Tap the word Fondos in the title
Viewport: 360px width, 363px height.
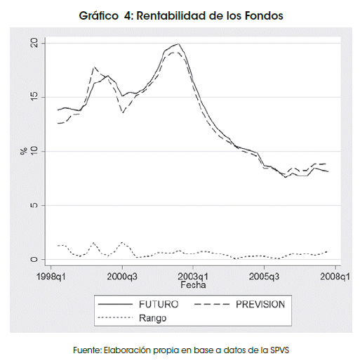coord(264,15)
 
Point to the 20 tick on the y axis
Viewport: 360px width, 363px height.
coord(34,43)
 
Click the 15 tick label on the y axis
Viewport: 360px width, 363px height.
coord(34,97)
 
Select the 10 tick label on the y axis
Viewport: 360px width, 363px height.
coord(34,151)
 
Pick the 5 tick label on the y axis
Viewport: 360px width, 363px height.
coord(34,205)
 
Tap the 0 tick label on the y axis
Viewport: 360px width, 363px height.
coord(34,259)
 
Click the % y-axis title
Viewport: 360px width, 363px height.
coord(24,151)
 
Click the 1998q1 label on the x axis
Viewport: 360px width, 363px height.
coord(51,277)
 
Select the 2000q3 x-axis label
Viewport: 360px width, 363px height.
coord(122,277)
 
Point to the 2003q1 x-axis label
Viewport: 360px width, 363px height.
coord(193,277)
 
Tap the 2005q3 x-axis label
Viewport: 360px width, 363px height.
coord(264,277)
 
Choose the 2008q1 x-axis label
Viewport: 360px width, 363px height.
coord(335,277)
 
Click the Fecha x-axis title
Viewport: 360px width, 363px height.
coord(193,285)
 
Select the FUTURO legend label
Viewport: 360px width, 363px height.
coord(159,304)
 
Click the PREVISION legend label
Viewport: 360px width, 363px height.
coord(260,304)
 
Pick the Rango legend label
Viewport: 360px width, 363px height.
coord(152,318)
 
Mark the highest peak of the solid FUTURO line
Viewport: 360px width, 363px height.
coord(178,44)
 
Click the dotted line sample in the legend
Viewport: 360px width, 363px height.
coord(115,317)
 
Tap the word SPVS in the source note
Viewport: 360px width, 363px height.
coord(280,350)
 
